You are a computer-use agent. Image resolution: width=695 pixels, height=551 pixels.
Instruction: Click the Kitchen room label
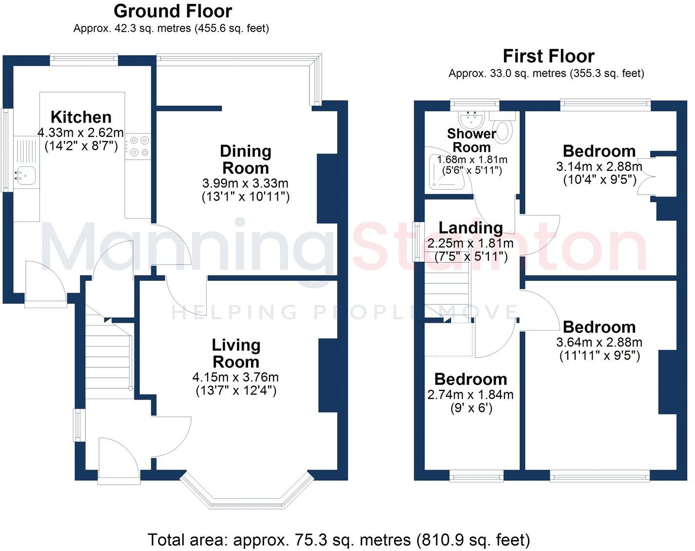(x=81, y=117)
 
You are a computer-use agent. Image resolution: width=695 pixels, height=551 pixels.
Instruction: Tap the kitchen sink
(x=25, y=176)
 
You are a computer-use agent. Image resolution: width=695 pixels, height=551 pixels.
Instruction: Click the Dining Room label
(x=245, y=159)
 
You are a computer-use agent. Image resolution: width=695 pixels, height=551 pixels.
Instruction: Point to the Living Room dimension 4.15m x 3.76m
(x=235, y=377)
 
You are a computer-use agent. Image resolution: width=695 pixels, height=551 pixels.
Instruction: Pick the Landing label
(x=470, y=228)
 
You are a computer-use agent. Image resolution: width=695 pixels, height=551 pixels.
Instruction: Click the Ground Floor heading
(x=173, y=11)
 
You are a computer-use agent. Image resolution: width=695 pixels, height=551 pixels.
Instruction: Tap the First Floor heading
(x=548, y=56)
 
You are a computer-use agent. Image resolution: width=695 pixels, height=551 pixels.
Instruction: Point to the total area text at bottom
(x=338, y=540)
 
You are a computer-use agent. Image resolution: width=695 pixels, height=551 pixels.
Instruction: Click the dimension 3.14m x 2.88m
(x=599, y=166)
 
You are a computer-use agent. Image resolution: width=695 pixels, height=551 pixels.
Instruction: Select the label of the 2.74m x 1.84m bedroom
(x=470, y=379)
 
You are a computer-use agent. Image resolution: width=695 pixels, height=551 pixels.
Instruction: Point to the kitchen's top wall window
(x=84, y=59)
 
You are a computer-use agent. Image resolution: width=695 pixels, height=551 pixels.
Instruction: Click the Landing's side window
(x=418, y=241)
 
